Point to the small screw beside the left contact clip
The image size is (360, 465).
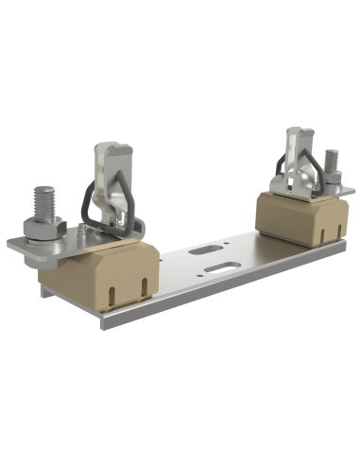click(86, 227)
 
